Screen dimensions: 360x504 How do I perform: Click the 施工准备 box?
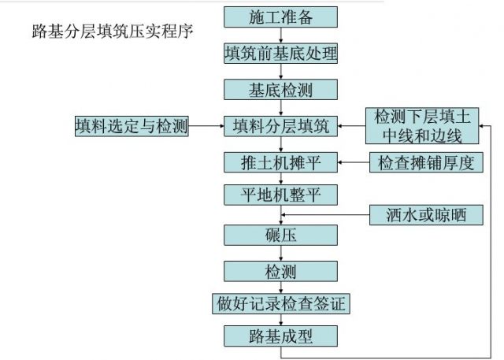tap(280, 17)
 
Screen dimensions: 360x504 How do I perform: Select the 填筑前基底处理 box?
tap(280, 53)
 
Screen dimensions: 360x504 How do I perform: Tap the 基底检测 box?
tap(280, 90)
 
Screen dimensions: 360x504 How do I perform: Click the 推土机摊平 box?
tap(280, 163)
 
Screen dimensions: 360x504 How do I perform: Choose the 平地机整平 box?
tap(280, 194)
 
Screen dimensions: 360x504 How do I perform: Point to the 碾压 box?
tap(280, 235)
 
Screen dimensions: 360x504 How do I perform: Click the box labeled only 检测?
tap(280, 272)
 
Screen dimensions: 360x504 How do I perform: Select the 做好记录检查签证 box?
tap(280, 303)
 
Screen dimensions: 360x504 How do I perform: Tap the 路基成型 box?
tap(280, 336)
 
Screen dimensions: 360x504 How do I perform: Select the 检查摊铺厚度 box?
tap(425, 163)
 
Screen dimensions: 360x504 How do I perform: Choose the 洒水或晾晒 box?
tap(425, 213)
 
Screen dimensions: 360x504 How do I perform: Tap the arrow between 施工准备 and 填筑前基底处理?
tap(280, 35)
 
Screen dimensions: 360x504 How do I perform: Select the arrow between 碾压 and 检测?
tap(280, 253)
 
